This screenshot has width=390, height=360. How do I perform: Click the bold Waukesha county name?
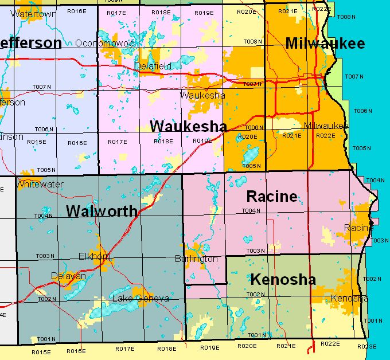click(188, 127)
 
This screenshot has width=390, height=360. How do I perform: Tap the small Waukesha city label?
click(202, 96)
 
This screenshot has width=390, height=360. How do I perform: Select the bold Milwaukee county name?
click(325, 44)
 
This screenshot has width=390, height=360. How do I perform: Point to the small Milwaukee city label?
click(326, 126)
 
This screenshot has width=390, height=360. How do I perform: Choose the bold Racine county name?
click(272, 197)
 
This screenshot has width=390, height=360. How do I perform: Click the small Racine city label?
click(358, 228)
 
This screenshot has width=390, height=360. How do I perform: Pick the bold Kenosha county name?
click(283, 280)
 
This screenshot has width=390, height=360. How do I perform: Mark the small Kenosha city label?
click(349, 299)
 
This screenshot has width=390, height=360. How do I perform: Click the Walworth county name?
click(102, 211)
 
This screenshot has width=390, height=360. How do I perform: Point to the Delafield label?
click(153, 66)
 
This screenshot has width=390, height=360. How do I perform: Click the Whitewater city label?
click(40, 185)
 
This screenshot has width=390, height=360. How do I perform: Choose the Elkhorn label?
click(94, 257)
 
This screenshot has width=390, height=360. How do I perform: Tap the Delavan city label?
click(68, 276)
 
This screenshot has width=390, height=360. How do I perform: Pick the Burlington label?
click(196, 259)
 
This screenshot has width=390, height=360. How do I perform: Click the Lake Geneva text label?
click(141, 299)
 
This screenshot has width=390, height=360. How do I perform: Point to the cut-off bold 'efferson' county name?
click(30, 44)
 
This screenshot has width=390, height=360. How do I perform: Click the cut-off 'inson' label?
click(11, 137)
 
